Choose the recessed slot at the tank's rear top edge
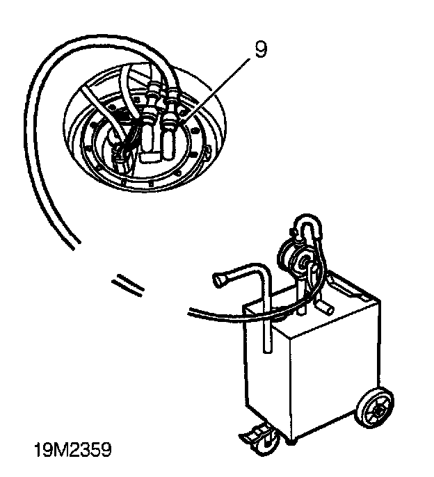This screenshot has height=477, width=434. coord(344,284)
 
